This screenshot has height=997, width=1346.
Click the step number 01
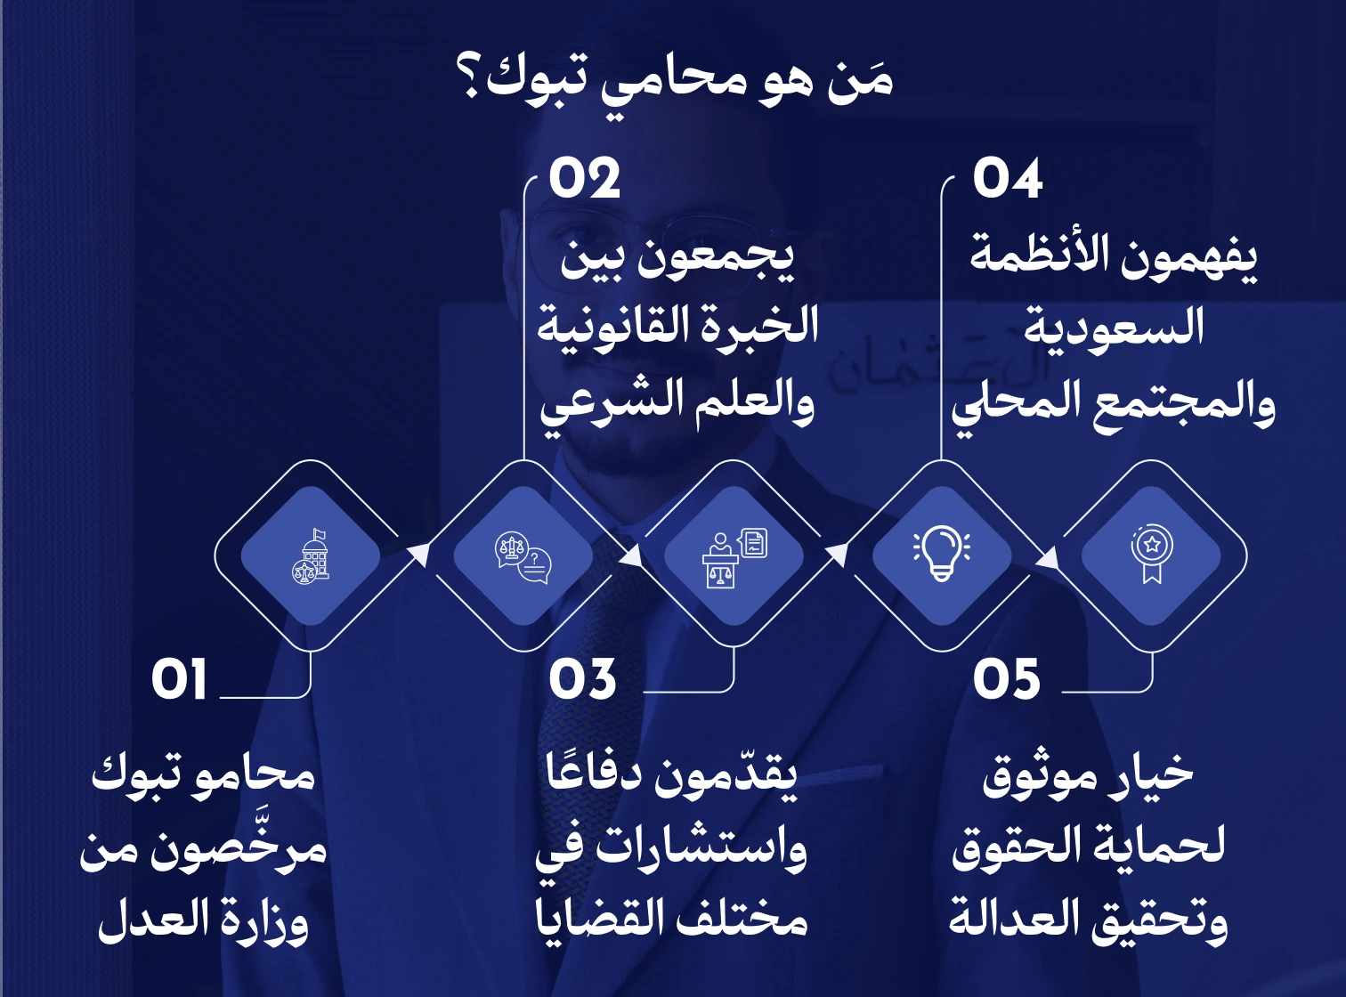tap(179, 680)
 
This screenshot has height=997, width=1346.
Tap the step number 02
tap(584, 179)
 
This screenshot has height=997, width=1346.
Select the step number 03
tap(582, 680)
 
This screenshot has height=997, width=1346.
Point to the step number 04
tap(1007, 179)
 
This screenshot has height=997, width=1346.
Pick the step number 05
tap(1006, 680)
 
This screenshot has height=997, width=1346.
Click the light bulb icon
tap(942, 554)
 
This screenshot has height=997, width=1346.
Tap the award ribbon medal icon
tap(1152, 554)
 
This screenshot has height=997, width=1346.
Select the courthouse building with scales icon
tap(311, 556)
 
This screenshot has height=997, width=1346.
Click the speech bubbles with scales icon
tap(523, 557)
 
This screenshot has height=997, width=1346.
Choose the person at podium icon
tap(734, 557)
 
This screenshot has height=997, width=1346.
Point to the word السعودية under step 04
tap(1114, 328)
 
